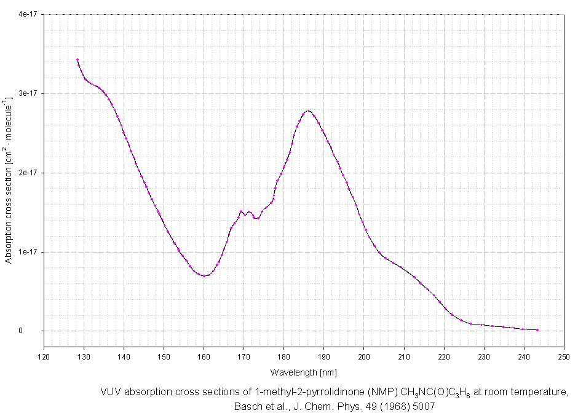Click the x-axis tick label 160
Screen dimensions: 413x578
click(x=204, y=356)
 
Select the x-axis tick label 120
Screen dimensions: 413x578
click(x=44, y=356)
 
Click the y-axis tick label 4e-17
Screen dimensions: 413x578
click(x=28, y=14)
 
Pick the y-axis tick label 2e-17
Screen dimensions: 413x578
click(x=28, y=173)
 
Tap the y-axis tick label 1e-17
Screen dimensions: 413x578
click(x=28, y=252)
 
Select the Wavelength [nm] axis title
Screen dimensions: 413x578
click(x=303, y=372)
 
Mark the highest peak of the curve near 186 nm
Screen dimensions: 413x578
click(x=308, y=111)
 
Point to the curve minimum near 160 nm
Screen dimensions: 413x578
click(x=204, y=275)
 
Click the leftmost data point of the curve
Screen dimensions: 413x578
click(x=77, y=60)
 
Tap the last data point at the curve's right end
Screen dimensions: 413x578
click(x=537, y=330)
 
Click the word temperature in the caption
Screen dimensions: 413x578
click(x=544, y=391)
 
